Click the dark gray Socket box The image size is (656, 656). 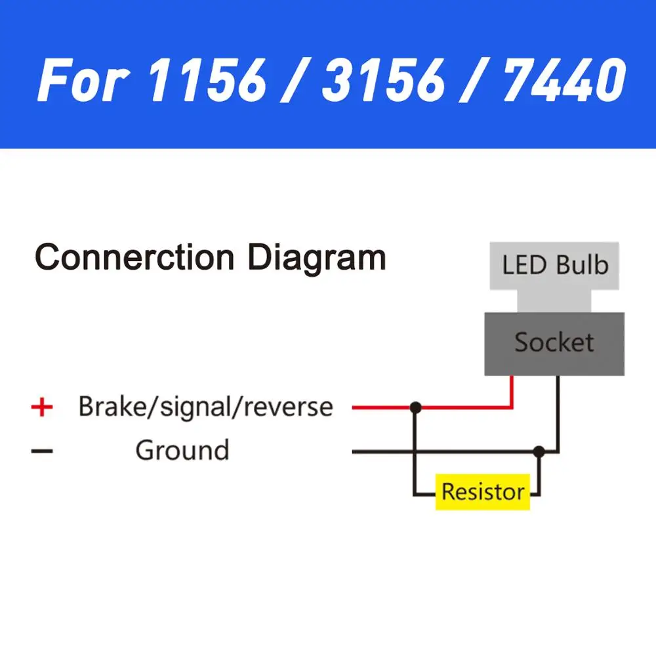pos(554,343)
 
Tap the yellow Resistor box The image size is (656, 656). pos(483,492)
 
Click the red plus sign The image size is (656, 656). pos(42,407)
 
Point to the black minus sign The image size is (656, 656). pos(42,451)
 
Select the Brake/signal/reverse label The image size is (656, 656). pos(205,407)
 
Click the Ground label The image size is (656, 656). pos(182,451)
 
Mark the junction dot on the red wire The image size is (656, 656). pos(415,407)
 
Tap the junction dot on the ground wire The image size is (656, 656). pos(539,451)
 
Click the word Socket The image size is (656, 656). pos(554,342)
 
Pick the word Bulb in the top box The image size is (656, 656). pos(583,266)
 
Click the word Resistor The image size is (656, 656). pos(483,492)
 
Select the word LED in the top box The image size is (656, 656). pos(525,266)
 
